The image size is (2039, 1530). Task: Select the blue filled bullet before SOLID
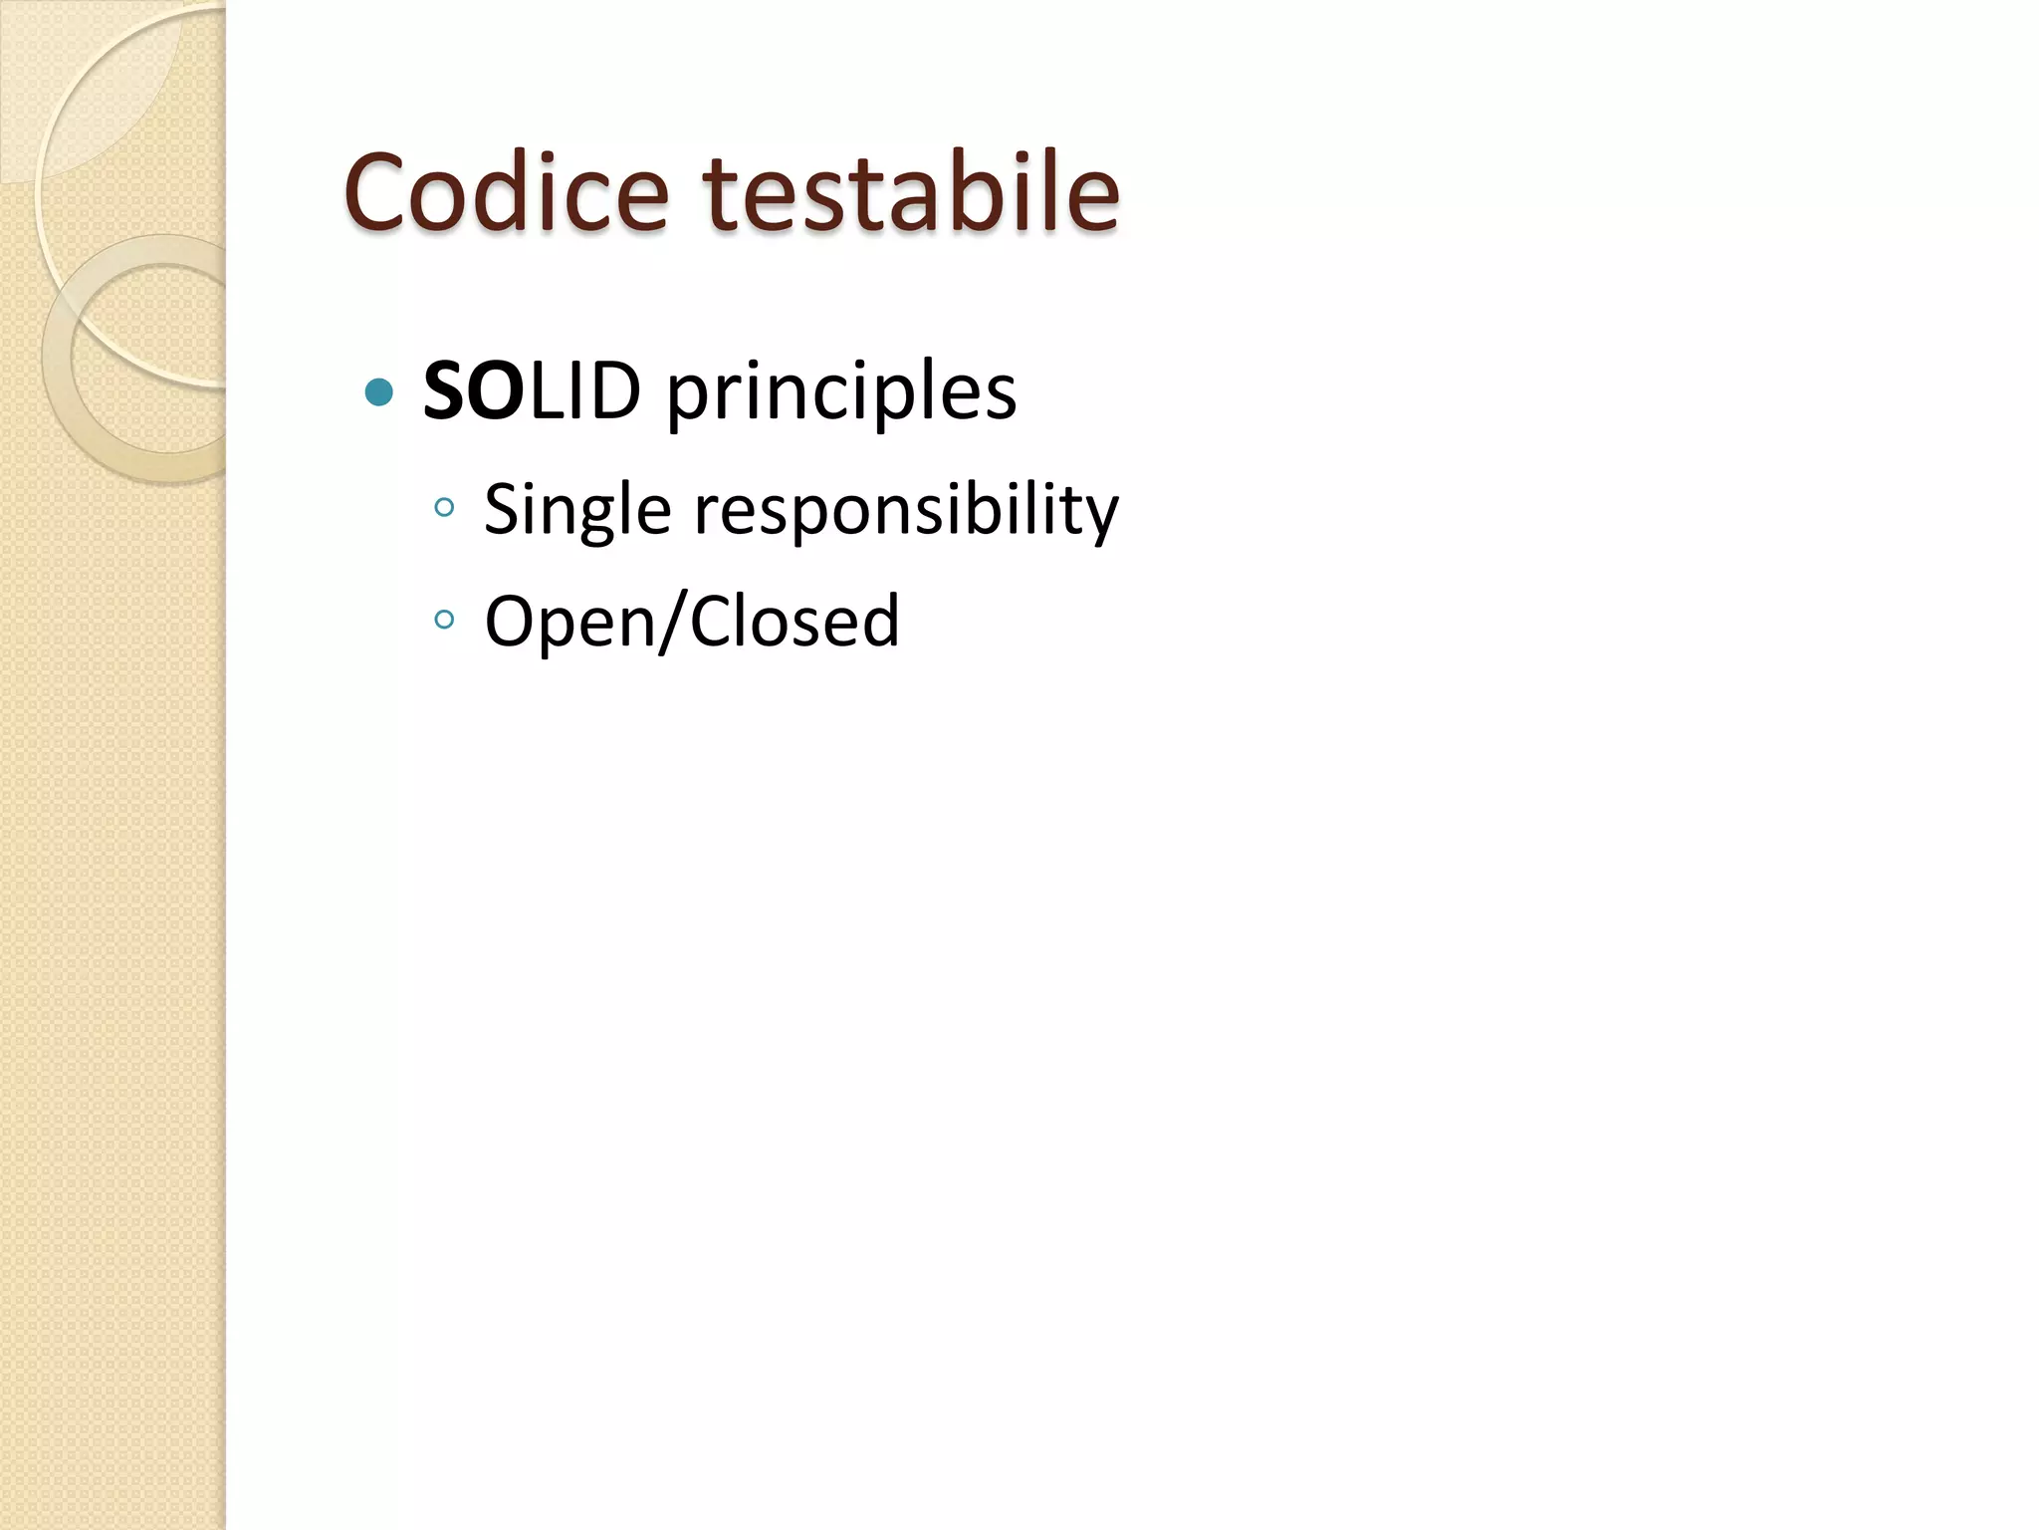click(x=379, y=391)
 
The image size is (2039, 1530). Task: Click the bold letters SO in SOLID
click(x=473, y=390)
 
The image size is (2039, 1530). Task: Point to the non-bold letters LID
click(x=584, y=390)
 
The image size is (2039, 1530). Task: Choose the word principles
click(x=841, y=393)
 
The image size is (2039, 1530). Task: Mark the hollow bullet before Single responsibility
click(x=444, y=508)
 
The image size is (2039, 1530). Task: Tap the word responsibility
click(x=906, y=512)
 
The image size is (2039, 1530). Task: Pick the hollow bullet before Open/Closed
click(x=444, y=620)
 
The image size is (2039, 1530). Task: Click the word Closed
click(x=794, y=622)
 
